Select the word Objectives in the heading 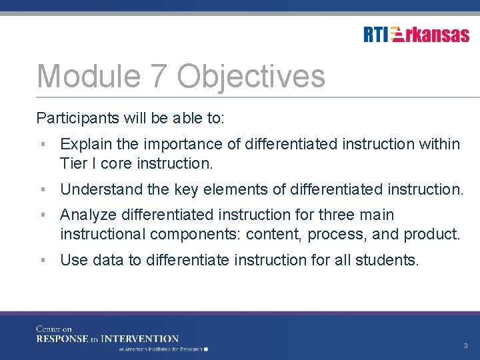tap(251, 76)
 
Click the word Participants tap(79, 119)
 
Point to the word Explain tap(85, 144)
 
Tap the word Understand tap(101, 189)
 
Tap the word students tap(392, 260)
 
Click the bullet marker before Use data tap(43, 260)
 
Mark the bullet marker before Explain tap(43, 144)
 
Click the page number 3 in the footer tap(465, 346)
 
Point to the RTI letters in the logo tap(376, 35)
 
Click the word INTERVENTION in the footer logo tap(145, 339)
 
